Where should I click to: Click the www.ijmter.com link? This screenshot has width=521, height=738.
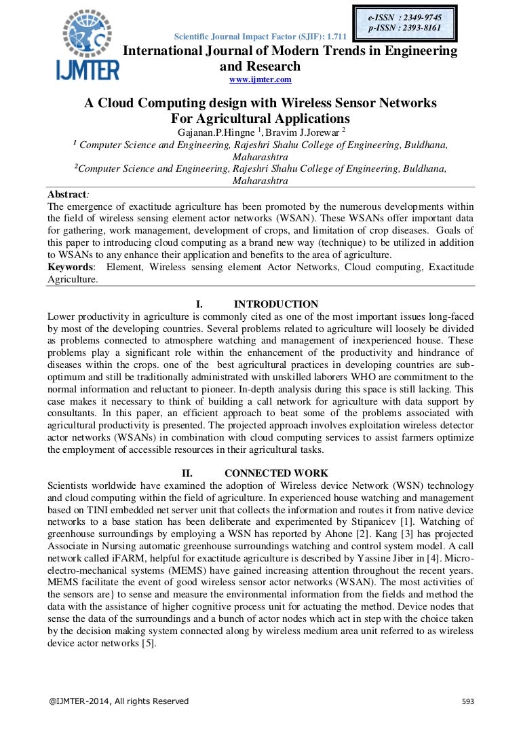[x=260, y=80]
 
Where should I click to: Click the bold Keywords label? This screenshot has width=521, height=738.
[x=71, y=267]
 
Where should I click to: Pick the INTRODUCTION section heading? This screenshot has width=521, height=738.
[x=275, y=304]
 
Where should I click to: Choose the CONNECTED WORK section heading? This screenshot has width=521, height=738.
[x=276, y=473]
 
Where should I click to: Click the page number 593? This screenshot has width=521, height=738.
[x=467, y=701]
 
